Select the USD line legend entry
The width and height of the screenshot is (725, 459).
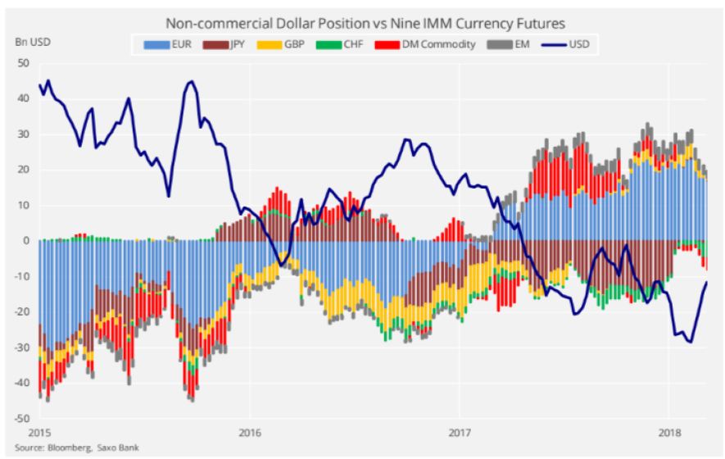click(576, 44)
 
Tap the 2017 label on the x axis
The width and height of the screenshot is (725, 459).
click(460, 433)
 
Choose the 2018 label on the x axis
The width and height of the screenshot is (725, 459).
click(669, 433)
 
